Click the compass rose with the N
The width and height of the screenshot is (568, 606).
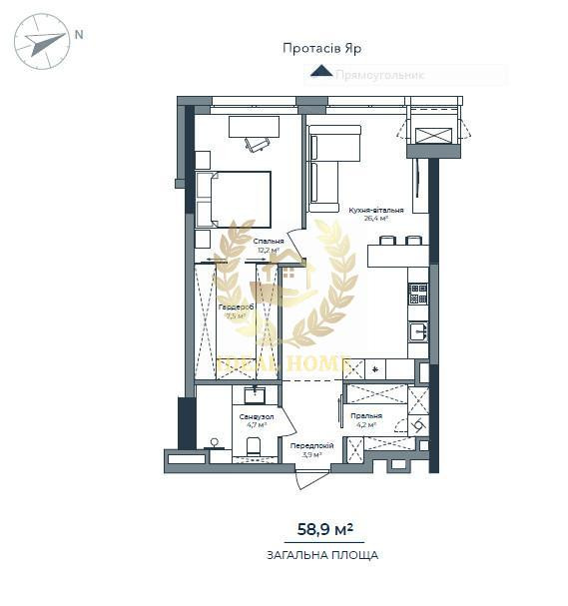[42, 41]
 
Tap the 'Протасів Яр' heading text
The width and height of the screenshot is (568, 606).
[321, 48]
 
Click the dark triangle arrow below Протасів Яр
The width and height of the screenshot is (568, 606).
[321, 71]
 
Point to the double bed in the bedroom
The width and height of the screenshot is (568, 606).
[235, 199]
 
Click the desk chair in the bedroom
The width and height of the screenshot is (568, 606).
[257, 144]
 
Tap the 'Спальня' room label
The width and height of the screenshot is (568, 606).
[268, 241]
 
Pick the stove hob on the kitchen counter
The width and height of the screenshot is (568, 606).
[418, 294]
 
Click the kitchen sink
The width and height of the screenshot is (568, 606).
[418, 331]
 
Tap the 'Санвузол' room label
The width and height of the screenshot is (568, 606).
[255, 415]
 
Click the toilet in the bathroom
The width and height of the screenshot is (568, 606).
[254, 445]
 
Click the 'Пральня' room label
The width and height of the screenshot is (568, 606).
[366, 416]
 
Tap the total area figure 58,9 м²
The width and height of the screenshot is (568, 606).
[325, 529]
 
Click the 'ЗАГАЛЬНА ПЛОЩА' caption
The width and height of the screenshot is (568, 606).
[322, 555]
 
